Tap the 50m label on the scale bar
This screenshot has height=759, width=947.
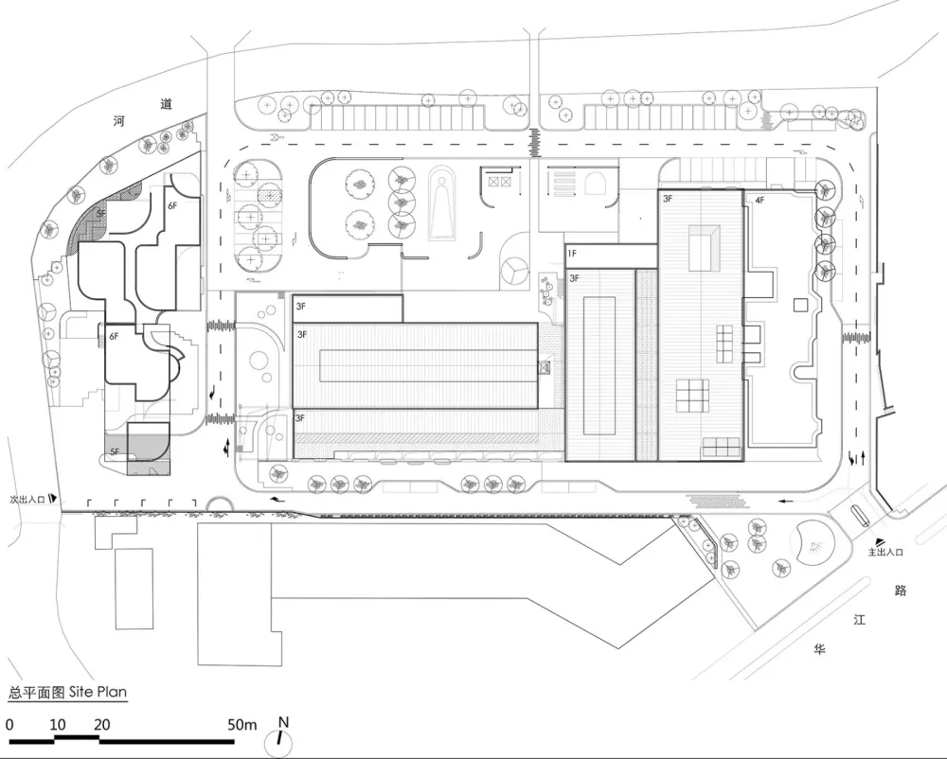pyautogui.click(x=242, y=725)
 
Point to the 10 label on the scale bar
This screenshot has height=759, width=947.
pyautogui.click(x=57, y=725)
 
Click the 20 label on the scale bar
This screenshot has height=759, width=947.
pyautogui.click(x=102, y=725)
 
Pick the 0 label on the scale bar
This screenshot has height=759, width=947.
pyautogui.click(x=9, y=725)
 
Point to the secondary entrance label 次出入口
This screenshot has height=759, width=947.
pyautogui.click(x=27, y=498)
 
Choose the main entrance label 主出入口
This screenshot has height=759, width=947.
pyautogui.click(x=887, y=552)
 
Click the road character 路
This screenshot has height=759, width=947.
pyautogui.click(x=901, y=591)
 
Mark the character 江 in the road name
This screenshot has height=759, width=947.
pyautogui.click(x=860, y=621)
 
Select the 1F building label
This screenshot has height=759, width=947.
pyautogui.click(x=573, y=254)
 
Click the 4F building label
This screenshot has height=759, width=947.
pyautogui.click(x=759, y=201)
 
